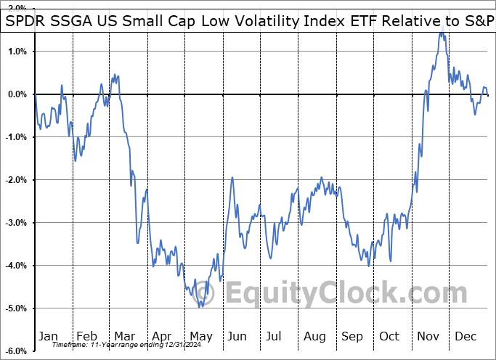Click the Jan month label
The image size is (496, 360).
click(x=48, y=336)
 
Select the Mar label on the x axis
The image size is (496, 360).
click(x=125, y=336)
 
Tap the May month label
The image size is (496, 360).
click(x=201, y=336)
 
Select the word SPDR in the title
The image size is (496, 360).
click(x=26, y=22)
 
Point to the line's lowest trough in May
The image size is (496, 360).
click(x=201, y=306)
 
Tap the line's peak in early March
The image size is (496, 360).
click(x=115, y=75)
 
